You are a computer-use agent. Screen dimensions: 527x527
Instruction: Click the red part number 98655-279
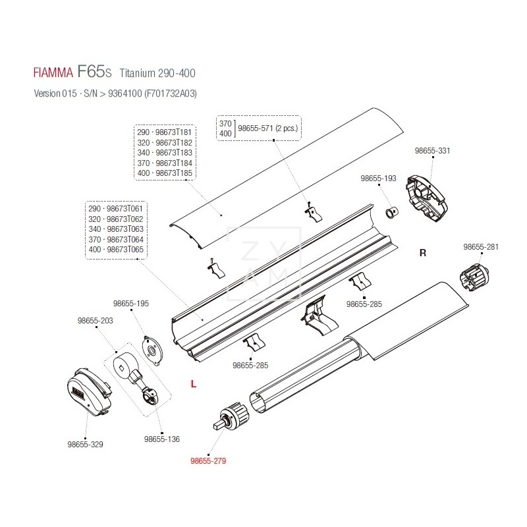coord(208,461)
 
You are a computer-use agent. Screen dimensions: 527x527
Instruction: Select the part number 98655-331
coord(433,150)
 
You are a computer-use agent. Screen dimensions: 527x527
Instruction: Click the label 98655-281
coord(481,247)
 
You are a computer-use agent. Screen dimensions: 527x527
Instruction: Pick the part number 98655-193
coord(378,179)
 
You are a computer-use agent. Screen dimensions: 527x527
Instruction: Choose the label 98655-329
coord(85,444)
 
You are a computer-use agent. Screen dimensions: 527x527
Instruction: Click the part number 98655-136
coord(161,439)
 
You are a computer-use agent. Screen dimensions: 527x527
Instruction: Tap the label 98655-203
coord(96,320)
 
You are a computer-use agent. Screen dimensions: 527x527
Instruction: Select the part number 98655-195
coord(131,304)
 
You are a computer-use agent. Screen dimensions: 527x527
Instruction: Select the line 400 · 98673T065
coord(115,250)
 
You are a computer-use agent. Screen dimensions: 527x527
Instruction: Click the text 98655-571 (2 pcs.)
coord(267,128)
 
